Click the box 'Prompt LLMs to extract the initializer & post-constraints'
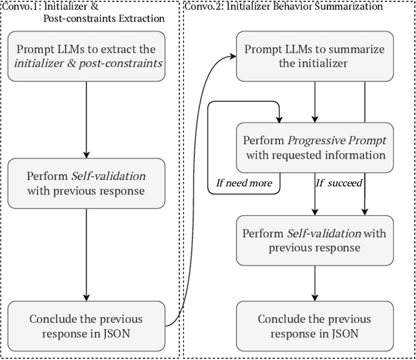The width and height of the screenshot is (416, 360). click(x=86, y=57)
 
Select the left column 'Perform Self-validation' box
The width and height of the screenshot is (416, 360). click(x=86, y=184)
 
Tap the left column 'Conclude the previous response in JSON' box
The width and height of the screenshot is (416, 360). click(x=86, y=326)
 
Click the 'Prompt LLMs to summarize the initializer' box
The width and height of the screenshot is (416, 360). click(x=315, y=57)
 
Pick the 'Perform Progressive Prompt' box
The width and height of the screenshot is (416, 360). click(x=315, y=148)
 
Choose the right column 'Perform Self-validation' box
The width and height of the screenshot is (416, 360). click(x=315, y=240)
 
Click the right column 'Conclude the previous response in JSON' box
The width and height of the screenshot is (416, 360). click(x=315, y=326)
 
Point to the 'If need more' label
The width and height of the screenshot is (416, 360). click(x=244, y=183)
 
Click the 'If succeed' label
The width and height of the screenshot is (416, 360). click(x=339, y=183)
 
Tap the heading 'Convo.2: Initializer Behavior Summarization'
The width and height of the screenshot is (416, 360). click(x=283, y=7)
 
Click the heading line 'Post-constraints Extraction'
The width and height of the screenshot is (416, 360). click(x=104, y=18)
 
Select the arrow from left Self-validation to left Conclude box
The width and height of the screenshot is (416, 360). click(x=86, y=253)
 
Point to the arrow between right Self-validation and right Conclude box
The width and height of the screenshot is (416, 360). click(x=315, y=283)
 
